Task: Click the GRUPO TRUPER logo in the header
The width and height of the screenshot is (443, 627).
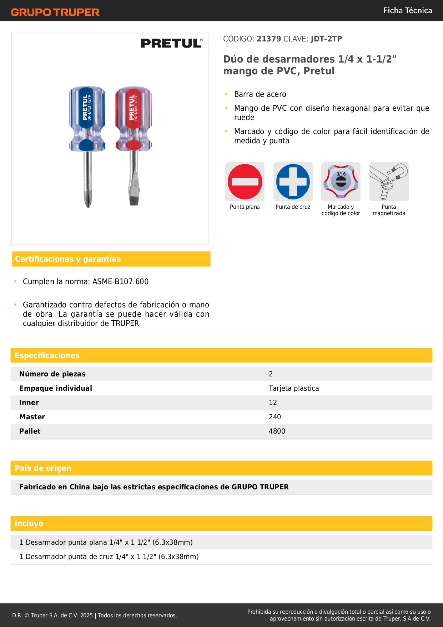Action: (55, 12)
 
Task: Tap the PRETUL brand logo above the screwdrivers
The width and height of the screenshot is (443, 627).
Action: (171, 43)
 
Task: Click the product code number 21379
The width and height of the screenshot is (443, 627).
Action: (269, 39)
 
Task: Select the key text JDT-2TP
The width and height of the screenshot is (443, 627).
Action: (326, 39)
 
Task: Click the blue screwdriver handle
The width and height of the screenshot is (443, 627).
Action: (87, 118)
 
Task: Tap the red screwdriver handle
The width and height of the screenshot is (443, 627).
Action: (134, 118)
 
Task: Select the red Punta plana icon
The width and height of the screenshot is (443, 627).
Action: (245, 182)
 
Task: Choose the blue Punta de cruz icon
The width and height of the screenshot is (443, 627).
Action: (293, 182)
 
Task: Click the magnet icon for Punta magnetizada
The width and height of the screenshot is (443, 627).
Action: (389, 182)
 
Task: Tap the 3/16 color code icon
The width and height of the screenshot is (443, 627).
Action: (341, 182)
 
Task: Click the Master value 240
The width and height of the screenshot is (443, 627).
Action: (275, 417)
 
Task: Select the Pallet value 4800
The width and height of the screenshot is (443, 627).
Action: (277, 431)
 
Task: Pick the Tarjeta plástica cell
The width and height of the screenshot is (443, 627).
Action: (294, 388)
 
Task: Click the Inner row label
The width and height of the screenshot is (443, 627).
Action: (29, 403)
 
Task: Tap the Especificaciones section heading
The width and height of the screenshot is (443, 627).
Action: (47, 355)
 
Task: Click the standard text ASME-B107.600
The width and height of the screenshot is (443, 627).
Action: (120, 282)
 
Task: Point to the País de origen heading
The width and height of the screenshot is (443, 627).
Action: (43, 468)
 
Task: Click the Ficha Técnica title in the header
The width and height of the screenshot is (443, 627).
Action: (407, 10)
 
